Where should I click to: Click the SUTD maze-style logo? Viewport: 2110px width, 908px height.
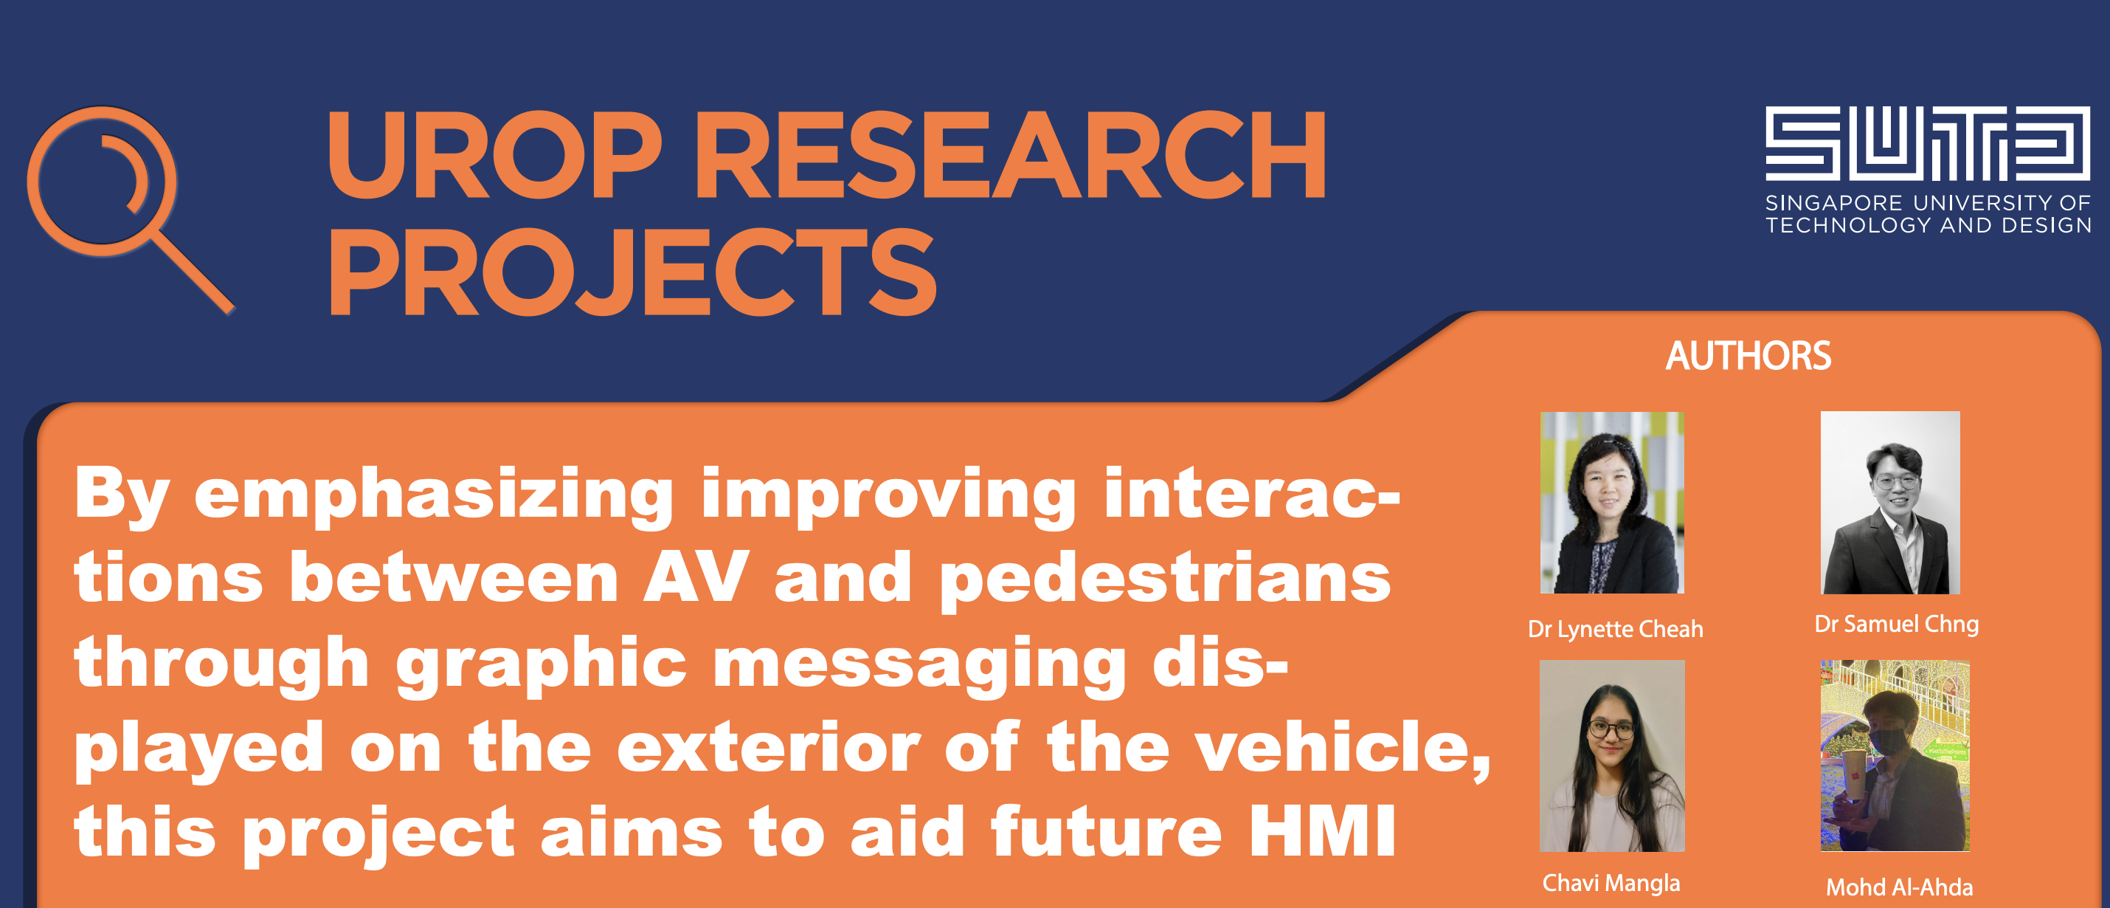[1927, 143]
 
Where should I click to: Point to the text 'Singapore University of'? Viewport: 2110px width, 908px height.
[1927, 202]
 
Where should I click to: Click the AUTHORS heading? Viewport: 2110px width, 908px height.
[1748, 356]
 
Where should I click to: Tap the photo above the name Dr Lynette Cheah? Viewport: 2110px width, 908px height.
[1611, 502]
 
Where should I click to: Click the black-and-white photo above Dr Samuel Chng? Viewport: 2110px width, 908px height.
[1889, 502]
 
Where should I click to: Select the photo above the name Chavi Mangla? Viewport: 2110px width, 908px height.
[1612, 756]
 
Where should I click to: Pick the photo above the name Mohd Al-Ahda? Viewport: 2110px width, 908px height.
[1895, 756]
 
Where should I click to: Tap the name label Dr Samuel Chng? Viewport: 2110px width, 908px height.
[1896, 625]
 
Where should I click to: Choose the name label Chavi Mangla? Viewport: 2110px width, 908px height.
[1611, 883]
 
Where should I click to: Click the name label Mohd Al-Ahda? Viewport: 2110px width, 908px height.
[1899, 887]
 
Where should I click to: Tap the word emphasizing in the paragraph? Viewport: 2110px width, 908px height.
[433, 497]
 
